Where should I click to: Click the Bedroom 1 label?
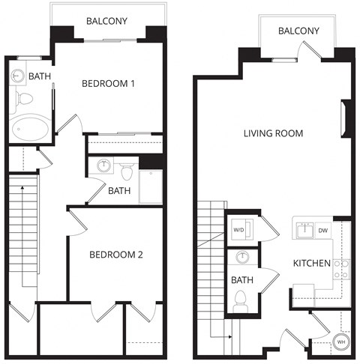pos(108,83)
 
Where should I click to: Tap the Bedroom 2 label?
pos(116,255)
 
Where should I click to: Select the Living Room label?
pos(273,134)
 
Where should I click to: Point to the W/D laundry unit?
pos(239,230)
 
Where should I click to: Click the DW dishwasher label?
pos(323,230)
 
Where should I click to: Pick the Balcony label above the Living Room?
pos(298,31)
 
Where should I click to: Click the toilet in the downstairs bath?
pos(241,300)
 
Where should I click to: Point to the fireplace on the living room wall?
pos(346,119)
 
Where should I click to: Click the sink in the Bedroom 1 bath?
pos(18,76)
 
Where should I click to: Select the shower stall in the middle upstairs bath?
pos(151,186)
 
